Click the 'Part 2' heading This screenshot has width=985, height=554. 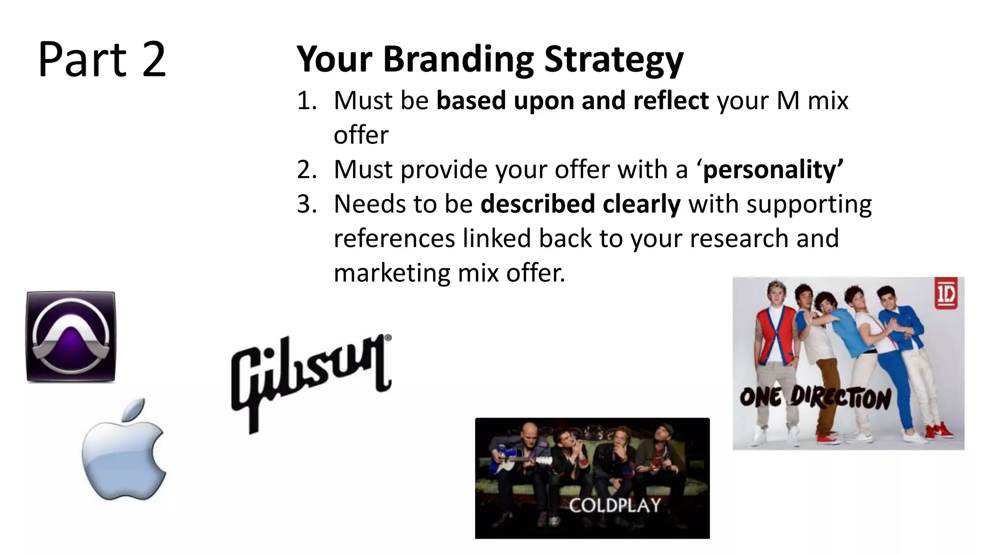102,60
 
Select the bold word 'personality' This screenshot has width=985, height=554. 770,170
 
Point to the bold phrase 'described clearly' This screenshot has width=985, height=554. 581,204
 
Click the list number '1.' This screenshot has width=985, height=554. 307,101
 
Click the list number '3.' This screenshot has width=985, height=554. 307,204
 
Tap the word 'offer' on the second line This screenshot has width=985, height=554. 361,135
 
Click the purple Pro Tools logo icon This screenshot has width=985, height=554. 71,337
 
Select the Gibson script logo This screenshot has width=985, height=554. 310,380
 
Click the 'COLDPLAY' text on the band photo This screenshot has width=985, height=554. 615,505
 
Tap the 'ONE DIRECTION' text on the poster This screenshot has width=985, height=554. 815,398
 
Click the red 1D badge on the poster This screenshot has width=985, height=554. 946,293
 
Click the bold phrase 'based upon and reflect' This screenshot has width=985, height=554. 572,101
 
